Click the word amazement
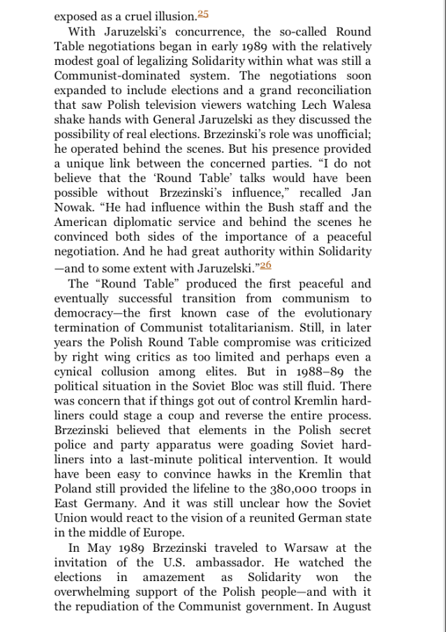(174, 577)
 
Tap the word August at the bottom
(350, 605)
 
